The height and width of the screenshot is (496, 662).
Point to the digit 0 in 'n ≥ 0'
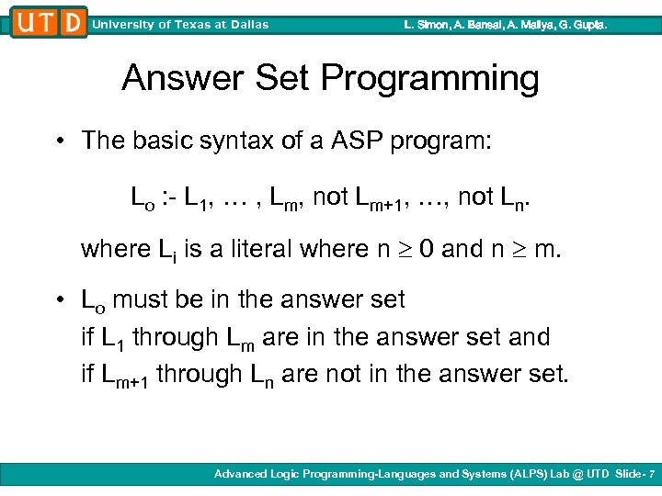(x=428, y=249)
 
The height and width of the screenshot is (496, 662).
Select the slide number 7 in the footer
(x=650, y=473)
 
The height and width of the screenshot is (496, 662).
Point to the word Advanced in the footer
(x=243, y=473)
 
